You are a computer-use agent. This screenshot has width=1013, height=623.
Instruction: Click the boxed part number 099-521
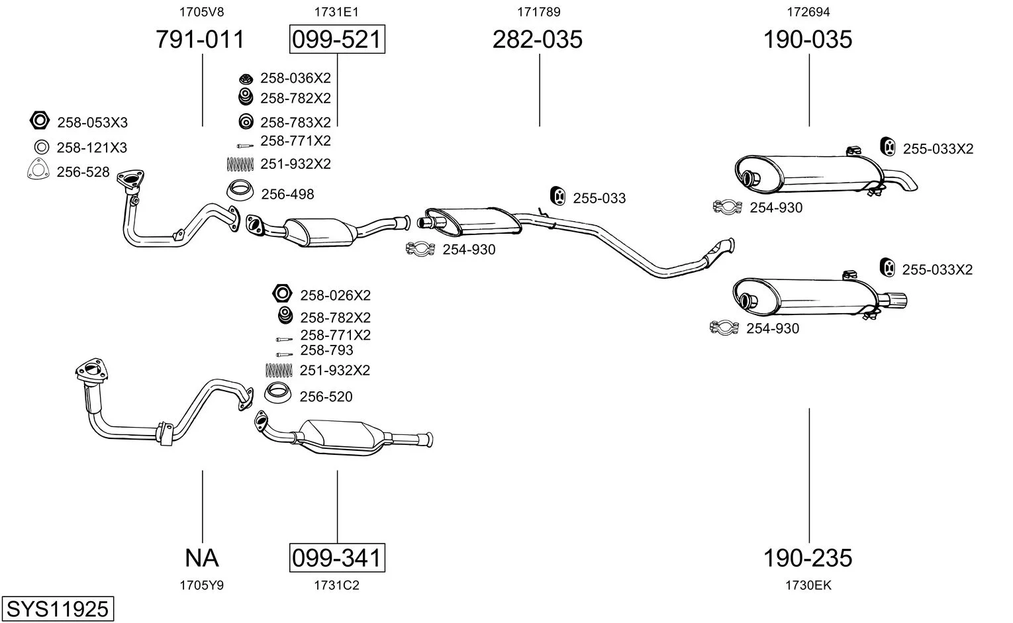coord(337,39)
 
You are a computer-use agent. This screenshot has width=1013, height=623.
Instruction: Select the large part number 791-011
coord(201,39)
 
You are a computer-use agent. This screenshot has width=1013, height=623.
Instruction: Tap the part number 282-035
coord(537,39)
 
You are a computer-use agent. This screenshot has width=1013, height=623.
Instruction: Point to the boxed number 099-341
coord(337,558)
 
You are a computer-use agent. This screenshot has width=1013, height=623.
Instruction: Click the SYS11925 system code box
coord(58,609)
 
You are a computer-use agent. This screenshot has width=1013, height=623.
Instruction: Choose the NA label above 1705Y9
coord(202,558)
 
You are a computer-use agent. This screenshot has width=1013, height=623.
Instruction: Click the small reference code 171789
coord(538,12)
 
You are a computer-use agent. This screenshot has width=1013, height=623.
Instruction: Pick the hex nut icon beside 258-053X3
coord(39,120)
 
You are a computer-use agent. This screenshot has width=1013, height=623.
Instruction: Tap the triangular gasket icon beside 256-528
coord(38,169)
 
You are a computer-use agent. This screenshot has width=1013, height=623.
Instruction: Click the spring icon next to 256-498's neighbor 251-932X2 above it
coord(240,164)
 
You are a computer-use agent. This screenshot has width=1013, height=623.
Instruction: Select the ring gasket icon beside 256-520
coord(277,393)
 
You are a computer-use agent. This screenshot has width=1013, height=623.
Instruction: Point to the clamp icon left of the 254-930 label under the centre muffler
coord(420,249)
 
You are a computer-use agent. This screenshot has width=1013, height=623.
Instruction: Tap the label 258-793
coord(326,350)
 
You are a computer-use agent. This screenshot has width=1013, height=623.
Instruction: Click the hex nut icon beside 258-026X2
coord(282,294)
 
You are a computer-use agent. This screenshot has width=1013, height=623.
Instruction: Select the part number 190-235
coord(808,558)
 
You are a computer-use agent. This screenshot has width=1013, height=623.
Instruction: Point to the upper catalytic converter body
coord(321,232)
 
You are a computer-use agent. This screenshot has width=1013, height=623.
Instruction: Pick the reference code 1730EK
coord(808,585)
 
